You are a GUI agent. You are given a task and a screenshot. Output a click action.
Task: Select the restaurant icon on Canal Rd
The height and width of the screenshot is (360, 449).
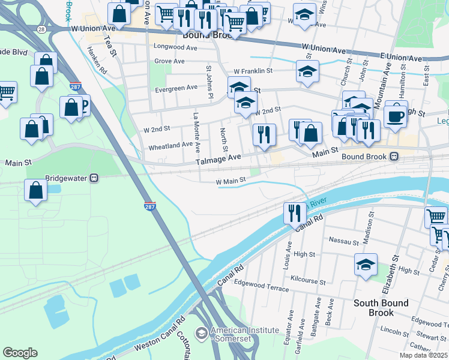click(x=294, y=213)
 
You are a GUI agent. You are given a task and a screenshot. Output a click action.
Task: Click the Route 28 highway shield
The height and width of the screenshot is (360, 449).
click(x=41, y=29)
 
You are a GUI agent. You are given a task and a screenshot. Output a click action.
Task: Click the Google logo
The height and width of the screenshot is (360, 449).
click(x=20, y=353)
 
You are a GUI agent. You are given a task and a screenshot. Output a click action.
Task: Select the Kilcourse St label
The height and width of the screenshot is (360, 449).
click(x=307, y=281)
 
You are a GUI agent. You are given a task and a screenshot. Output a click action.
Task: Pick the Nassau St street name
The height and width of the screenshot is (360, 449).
click(x=343, y=241)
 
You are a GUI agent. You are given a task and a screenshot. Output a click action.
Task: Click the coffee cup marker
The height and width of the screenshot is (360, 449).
click(x=395, y=116)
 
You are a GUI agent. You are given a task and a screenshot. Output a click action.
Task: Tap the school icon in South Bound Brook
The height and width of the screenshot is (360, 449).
click(x=366, y=265)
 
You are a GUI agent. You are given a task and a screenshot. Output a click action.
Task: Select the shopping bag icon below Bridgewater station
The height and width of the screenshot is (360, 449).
click(x=36, y=191)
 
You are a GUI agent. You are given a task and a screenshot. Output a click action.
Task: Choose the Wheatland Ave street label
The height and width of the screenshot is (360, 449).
click(x=170, y=145)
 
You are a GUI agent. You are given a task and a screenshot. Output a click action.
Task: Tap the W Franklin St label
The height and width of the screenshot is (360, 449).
click(x=253, y=71)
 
